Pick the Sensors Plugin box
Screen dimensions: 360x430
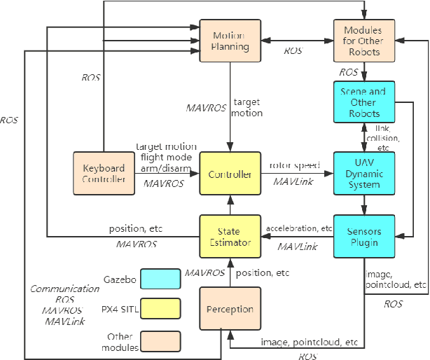click(364, 237)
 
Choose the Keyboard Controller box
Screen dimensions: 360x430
click(102, 174)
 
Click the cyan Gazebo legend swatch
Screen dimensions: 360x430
click(160, 279)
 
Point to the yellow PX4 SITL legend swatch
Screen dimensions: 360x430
click(160, 309)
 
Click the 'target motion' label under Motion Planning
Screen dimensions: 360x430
click(248, 107)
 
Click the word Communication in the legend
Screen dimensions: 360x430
click(64, 288)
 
